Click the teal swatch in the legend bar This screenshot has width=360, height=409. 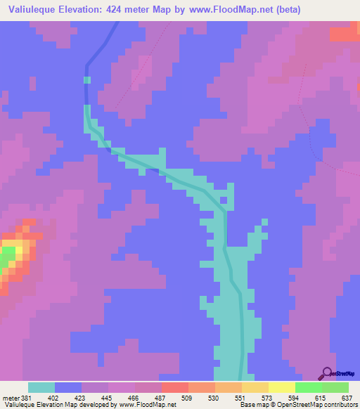pos(41,387)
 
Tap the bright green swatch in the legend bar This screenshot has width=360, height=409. pos(308,387)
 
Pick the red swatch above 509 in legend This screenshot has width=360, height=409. pos(174,387)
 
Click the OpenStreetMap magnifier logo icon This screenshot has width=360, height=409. pos(326,373)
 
